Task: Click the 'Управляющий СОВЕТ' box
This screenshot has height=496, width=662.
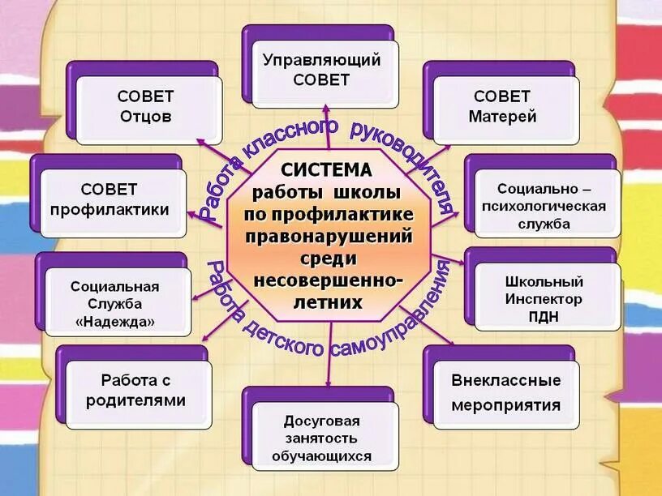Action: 322,71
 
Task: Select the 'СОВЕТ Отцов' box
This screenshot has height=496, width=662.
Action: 146,106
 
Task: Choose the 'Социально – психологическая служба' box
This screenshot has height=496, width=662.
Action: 544,206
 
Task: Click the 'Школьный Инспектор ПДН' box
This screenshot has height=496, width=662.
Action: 544,299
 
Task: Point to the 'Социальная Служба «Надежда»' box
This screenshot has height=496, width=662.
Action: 114,306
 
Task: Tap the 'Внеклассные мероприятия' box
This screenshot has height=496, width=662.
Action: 506,392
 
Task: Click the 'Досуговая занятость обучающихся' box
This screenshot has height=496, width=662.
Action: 322,438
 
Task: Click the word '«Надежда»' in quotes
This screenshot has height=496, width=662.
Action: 114,323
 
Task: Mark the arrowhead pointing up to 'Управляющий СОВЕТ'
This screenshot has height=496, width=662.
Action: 325,109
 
